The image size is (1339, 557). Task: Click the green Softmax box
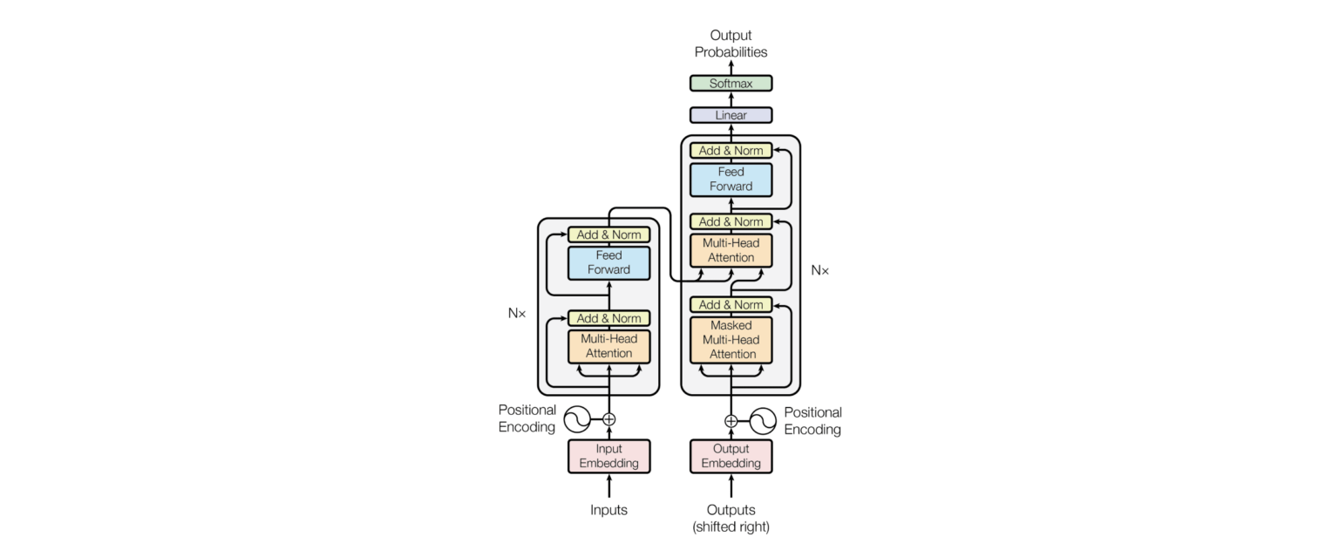coord(731,84)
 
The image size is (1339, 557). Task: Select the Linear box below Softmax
coord(731,115)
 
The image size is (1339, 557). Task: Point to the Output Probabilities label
coord(731,44)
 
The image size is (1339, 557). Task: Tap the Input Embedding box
coord(608,456)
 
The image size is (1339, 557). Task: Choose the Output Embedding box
coord(731,456)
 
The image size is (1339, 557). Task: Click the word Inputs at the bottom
coord(608,510)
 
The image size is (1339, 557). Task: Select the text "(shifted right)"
coord(731,526)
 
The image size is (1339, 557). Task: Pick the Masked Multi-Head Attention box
coord(731,339)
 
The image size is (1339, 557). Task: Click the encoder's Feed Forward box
coord(608,262)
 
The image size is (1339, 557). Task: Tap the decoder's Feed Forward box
coord(731,179)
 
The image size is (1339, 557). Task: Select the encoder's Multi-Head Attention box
coord(608,346)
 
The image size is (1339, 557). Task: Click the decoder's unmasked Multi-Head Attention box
coord(731,250)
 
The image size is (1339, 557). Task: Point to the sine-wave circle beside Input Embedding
coord(577,419)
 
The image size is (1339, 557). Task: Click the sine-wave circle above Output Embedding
coord(763,421)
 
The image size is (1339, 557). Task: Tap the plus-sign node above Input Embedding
coord(608,419)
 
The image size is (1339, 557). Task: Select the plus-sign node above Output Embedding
coord(731,421)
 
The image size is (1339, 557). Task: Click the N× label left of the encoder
coord(517,312)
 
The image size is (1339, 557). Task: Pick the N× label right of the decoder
coord(819,270)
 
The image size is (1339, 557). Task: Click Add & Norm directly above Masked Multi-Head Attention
coord(731,305)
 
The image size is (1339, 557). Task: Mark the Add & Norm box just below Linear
coord(731,150)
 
